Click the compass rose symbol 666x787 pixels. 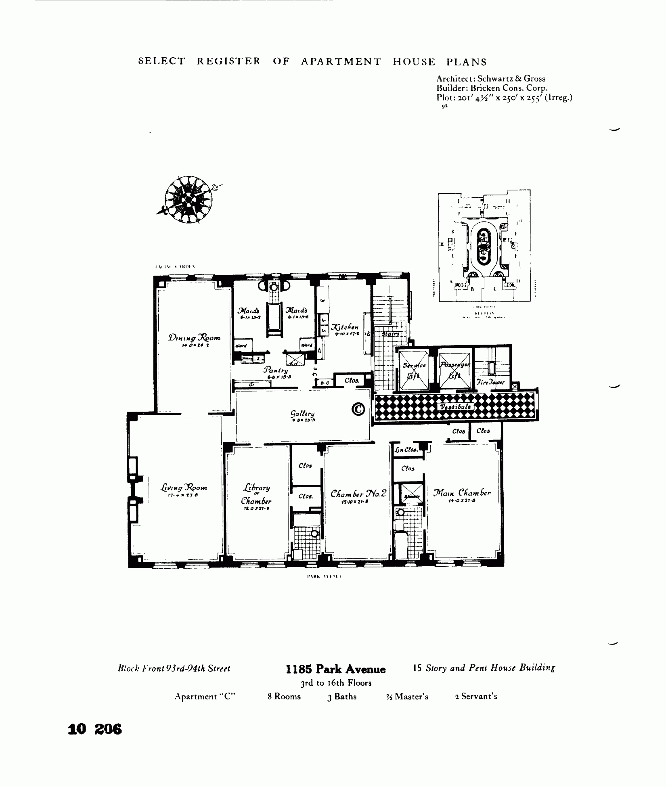pos(188,199)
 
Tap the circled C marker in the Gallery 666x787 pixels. pos(358,409)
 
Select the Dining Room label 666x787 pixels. pos(195,338)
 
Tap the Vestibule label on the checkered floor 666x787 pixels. pos(455,407)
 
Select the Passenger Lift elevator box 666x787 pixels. pos(454,370)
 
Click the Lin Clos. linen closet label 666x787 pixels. pos(406,450)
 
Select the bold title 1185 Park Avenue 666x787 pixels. pos(335,670)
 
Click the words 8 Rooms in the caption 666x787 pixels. pos(284,696)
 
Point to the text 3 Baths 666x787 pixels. pos(342,696)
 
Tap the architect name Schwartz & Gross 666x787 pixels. pos(511,79)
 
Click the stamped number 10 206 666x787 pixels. pos(95,730)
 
